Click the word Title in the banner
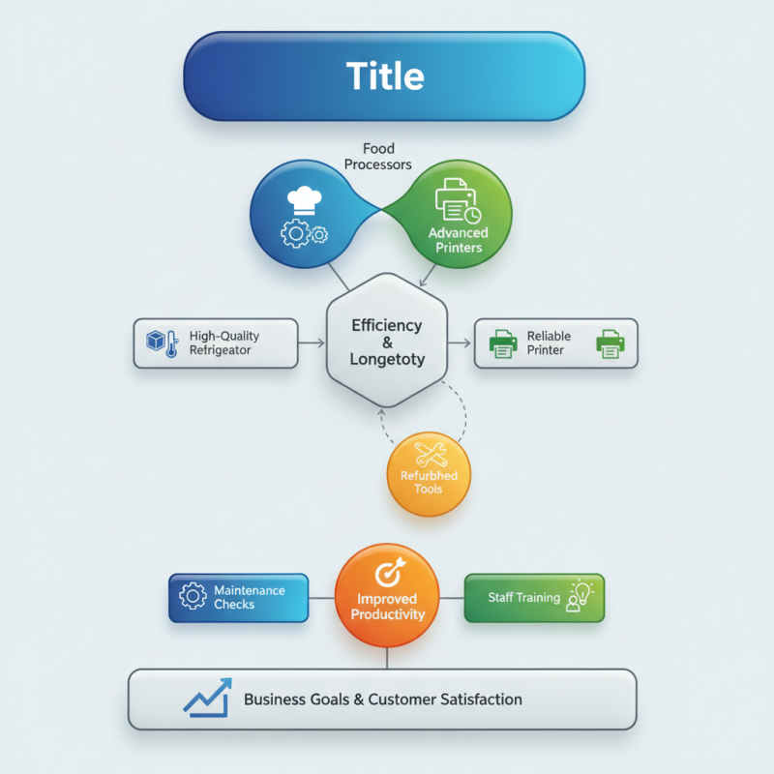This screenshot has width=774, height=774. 385,75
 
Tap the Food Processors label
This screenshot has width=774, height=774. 378,157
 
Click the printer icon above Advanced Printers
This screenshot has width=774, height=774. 456,201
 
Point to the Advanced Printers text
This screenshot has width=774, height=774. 458,240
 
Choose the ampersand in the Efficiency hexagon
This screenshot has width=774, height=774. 386,342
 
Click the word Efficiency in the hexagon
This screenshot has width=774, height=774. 386,325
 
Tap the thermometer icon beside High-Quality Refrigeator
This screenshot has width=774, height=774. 171,344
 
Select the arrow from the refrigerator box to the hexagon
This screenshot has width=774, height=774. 312,342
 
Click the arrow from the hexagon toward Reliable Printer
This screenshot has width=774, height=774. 461,342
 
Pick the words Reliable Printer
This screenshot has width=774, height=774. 549,342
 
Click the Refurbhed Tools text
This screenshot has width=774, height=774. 428,482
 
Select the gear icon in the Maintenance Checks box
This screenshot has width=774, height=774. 193,597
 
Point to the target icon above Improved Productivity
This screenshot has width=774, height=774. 387,573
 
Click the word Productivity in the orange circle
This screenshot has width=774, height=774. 387,614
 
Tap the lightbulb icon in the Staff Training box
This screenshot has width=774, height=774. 580,589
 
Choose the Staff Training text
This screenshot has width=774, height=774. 523,598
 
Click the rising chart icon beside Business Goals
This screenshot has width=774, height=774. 208,698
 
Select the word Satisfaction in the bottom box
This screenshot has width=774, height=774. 475,700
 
